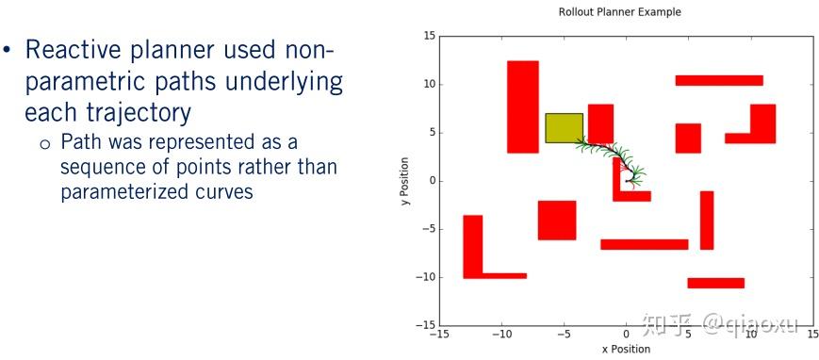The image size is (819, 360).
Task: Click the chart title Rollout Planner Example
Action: click(x=619, y=11)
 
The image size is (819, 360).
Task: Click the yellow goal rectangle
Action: click(x=565, y=128)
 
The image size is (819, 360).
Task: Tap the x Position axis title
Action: click(x=625, y=349)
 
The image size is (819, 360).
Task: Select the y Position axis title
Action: click(x=406, y=180)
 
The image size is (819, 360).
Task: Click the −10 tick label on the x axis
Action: click(x=501, y=334)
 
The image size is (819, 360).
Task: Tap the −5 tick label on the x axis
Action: click(x=564, y=334)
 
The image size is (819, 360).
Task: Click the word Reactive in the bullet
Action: click(x=72, y=50)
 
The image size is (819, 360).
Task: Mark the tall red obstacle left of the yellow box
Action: click(x=523, y=107)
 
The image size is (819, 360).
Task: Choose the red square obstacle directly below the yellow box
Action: click(x=557, y=221)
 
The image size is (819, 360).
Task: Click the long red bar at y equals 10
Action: click(x=719, y=80)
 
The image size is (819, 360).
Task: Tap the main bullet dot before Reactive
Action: click(x=7, y=51)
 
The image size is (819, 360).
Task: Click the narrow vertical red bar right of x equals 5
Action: click(x=707, y=221)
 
